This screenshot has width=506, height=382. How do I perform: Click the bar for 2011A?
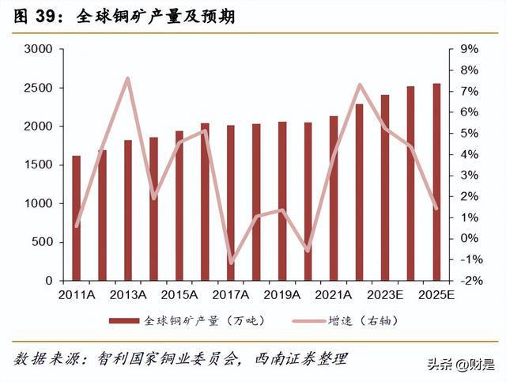(x=77, y=218)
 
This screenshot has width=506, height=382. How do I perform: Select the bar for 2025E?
(x=436, y=182)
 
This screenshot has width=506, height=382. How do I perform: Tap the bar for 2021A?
(x=333, y=199)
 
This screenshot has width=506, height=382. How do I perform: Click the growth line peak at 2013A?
(x=128, y=78)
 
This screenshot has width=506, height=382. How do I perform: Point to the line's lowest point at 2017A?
(x=231, y=262)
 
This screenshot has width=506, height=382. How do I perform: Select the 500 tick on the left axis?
(x=41, y=242)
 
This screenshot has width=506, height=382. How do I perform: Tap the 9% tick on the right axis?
(x=470, y=49)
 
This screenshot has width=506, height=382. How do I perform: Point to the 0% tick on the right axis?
(x=470, y=238)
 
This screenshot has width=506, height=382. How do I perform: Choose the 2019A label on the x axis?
(x=282, y=296)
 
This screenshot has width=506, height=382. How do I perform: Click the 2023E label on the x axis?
(x=384, y=296)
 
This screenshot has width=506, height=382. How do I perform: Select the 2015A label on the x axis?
(x=179, y=296)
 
